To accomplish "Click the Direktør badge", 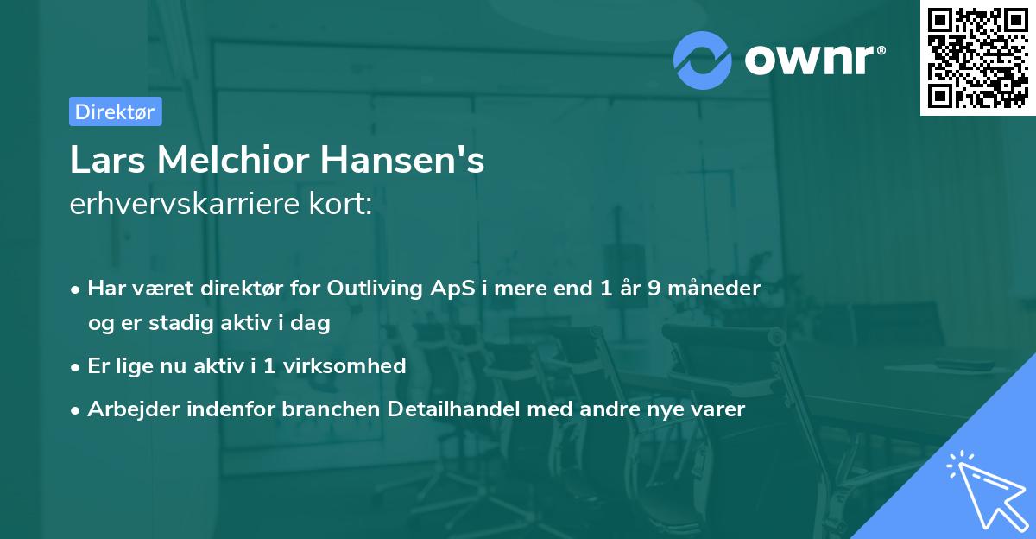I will [115, 111].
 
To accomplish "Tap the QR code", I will [977, 57].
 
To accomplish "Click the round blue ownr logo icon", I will [703, 60].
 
